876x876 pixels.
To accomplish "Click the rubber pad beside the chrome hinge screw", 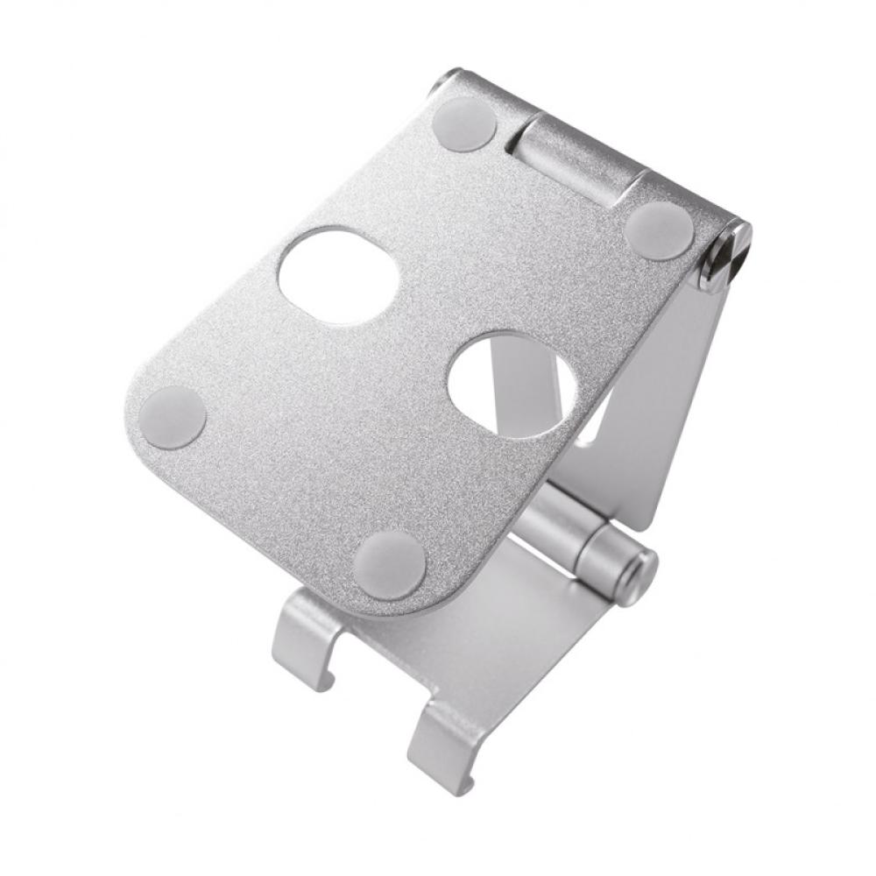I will tap(660, 230).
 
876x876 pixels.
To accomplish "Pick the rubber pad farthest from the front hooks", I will tap(464, 124).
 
